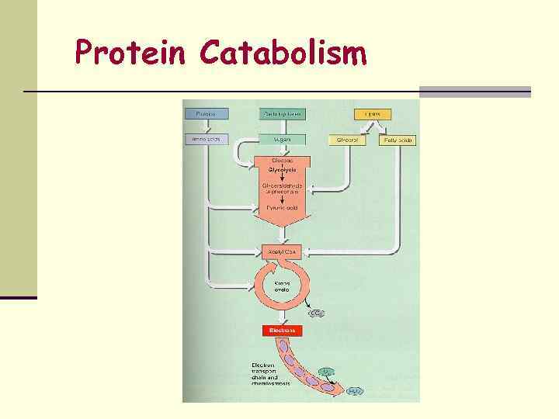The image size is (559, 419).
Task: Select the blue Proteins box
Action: coord(205,114)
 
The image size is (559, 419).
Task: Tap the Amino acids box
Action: coord(205,140)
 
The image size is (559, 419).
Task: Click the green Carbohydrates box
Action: coord(282,114)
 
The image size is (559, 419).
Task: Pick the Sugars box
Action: coord(282,140)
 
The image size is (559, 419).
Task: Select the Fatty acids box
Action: coord(398,140)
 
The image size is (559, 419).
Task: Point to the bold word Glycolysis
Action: coord(282,168)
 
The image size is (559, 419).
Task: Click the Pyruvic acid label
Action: coord(282,207)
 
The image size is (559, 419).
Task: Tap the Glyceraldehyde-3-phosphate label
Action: coord(282,187)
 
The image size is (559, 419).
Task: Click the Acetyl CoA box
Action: coord(282,252)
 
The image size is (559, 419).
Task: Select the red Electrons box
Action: coord(282,330)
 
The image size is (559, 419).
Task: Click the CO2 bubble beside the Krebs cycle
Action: coord(317,313)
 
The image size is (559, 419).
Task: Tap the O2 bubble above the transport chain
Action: coord(326,371)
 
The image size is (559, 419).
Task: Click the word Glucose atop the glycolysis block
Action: coord(282,161)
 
